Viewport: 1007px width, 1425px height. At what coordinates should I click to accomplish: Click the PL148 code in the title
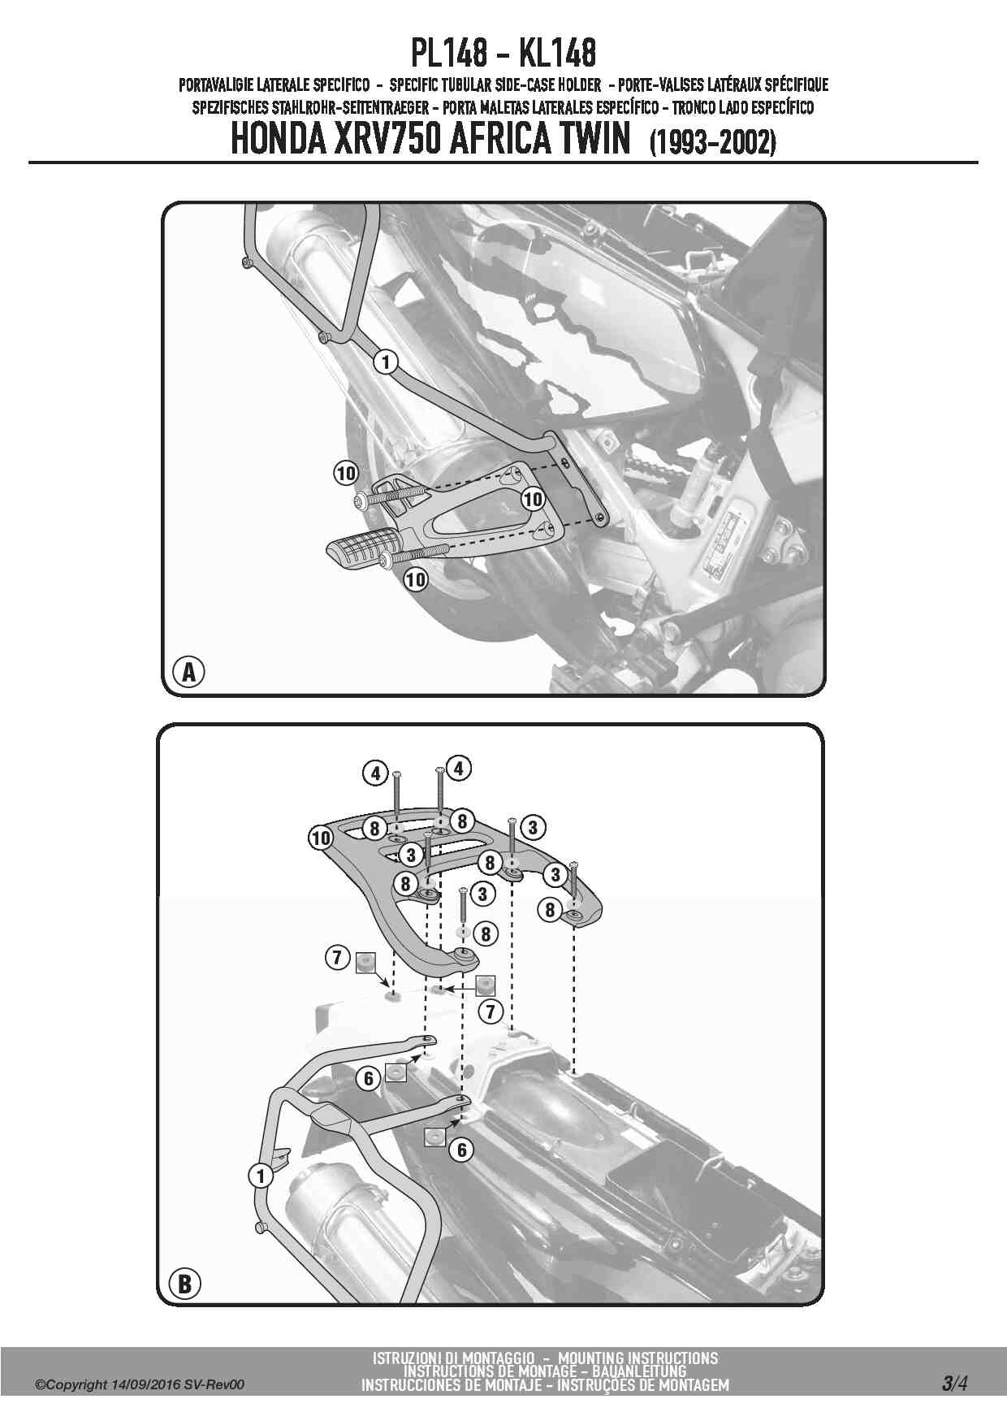449,54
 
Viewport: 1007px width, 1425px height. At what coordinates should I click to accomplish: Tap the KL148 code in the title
557,54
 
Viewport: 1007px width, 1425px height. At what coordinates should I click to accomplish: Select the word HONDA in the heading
279,139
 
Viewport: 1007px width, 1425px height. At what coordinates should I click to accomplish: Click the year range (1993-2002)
713,142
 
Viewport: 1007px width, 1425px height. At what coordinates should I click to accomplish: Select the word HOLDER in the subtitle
580,84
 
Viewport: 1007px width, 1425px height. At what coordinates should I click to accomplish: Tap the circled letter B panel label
184,1284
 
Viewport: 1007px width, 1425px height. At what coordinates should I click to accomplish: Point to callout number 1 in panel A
386,362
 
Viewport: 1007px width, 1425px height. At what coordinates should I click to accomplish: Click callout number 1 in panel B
261,1176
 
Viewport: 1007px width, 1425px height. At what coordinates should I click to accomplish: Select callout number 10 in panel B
321,838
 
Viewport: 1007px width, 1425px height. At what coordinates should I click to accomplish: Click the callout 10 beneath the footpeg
415,579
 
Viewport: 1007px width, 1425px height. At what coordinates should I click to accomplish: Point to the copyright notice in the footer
139,1385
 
